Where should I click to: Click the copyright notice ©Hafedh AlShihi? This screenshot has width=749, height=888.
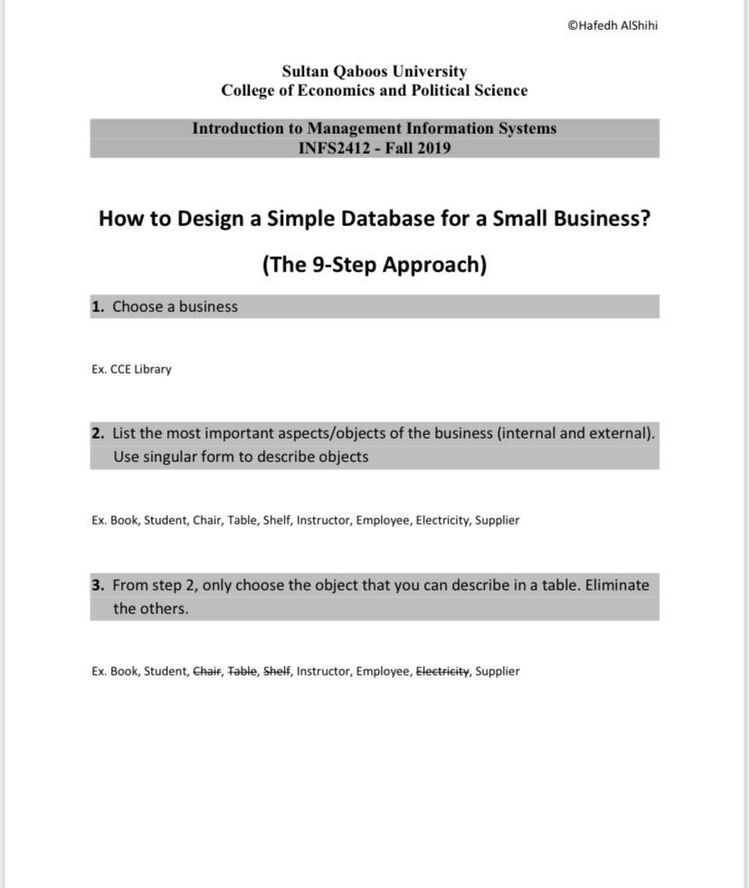612,25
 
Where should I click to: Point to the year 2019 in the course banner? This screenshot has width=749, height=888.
433,148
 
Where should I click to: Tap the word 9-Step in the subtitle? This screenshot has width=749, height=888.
344,265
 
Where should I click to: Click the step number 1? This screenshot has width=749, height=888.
97,307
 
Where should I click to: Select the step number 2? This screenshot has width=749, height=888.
97,433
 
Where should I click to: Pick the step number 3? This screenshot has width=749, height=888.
97,585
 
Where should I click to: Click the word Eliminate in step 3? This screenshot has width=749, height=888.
617,585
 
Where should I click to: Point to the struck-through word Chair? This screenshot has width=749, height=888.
207,671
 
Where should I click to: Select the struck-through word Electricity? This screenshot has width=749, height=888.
442,671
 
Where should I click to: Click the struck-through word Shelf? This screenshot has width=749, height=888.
277,671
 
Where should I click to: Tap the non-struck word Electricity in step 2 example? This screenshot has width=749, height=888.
442,520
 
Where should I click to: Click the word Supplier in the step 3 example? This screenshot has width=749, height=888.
498,671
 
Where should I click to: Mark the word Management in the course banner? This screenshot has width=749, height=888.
358,128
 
